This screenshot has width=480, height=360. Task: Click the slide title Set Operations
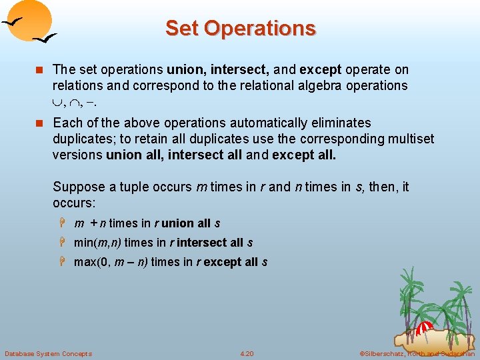240,28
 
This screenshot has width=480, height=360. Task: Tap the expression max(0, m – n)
111,262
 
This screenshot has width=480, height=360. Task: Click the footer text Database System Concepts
48,353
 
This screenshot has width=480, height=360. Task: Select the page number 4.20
247,353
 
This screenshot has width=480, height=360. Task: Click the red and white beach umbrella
425,328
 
